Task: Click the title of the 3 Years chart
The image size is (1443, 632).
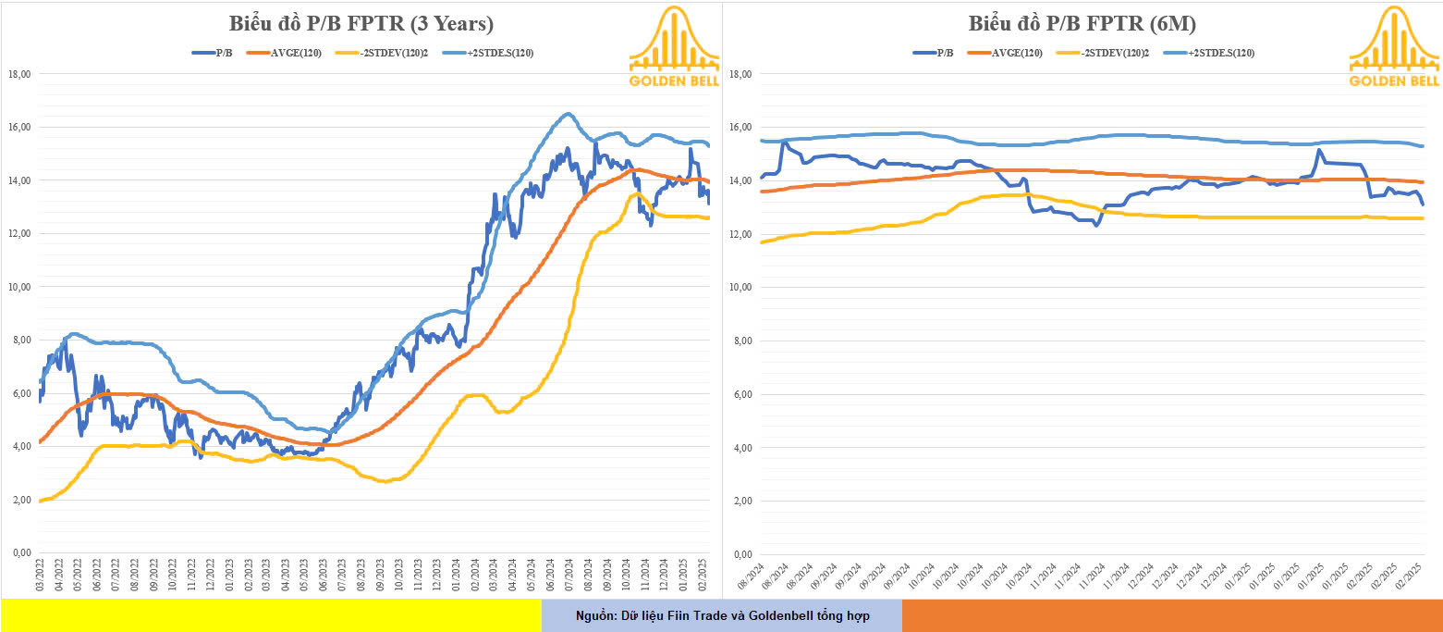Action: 361,24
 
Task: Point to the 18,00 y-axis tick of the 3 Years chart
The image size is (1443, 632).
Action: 19,74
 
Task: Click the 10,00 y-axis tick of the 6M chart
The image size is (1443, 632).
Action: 740,288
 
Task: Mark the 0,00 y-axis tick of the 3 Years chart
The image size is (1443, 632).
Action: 21,553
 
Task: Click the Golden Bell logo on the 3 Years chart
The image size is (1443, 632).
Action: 674,48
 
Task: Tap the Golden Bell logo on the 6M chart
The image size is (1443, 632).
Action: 1394,48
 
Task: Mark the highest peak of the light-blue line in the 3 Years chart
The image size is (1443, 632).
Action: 568,114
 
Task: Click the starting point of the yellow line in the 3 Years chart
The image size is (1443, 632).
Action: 40,501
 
